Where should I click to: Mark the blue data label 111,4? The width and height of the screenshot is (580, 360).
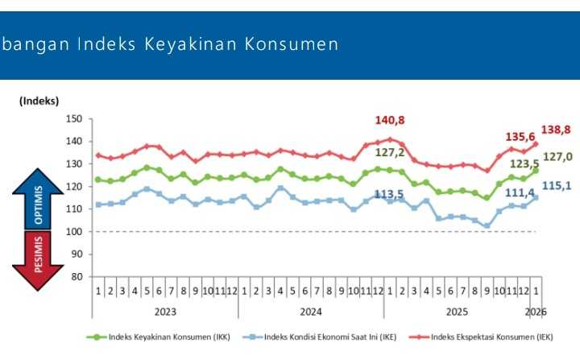[508, 193]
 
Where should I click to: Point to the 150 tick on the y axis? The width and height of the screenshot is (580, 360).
[75, 119]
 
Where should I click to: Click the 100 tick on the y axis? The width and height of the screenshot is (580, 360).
[75, 232]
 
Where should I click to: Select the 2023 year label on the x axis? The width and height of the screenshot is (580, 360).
[165, 309]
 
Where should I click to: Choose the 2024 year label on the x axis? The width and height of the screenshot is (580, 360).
[311, 309]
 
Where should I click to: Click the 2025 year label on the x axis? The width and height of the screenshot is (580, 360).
[457, 309]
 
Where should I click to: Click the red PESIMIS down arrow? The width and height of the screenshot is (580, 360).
[38, 259]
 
